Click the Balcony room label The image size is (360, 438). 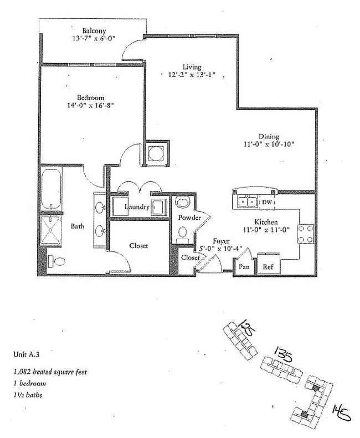click(95, 30)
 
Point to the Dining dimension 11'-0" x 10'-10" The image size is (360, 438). click(268, 145)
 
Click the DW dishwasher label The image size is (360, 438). click(267, 202)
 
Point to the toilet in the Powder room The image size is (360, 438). click(182, 203)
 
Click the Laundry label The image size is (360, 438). click(137, 207)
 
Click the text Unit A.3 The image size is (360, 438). click(25, 353)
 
